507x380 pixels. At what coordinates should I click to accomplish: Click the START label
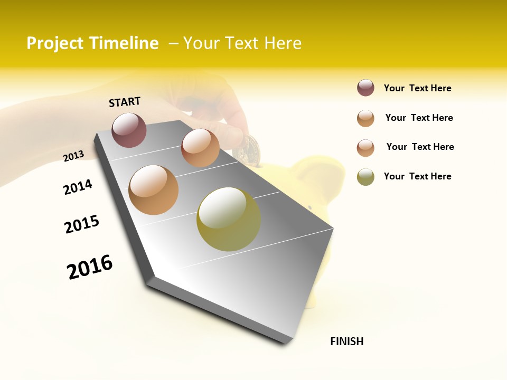click(125, 102)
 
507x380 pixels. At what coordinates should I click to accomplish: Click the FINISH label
click(347, 341)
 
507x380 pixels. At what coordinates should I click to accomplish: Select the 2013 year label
click(73, 156)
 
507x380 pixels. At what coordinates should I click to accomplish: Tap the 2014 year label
click(78, 187)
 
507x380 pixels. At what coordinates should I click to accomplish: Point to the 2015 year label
click(82, 224)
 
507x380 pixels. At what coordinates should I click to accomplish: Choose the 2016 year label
click(90, 267)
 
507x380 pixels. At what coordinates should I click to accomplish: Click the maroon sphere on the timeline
click(129, 130)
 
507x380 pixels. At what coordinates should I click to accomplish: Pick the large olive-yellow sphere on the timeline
click(229, 219)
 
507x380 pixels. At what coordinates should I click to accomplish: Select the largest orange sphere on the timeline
click(153, 190)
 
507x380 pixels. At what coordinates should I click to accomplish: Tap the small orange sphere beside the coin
click(200, 148)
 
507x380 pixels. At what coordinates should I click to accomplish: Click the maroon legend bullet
click(365, 88)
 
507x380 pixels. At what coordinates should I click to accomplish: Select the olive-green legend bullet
click(365, 177)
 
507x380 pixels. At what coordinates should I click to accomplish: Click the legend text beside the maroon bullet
click(417, 88)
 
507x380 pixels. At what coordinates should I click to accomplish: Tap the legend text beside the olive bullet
click(417, 176)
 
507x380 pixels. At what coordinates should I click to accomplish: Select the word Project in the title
click(55, 43)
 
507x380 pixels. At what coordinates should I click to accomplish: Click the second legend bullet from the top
click(365, 118)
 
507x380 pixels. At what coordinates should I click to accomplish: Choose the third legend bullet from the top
click(365, 148)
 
